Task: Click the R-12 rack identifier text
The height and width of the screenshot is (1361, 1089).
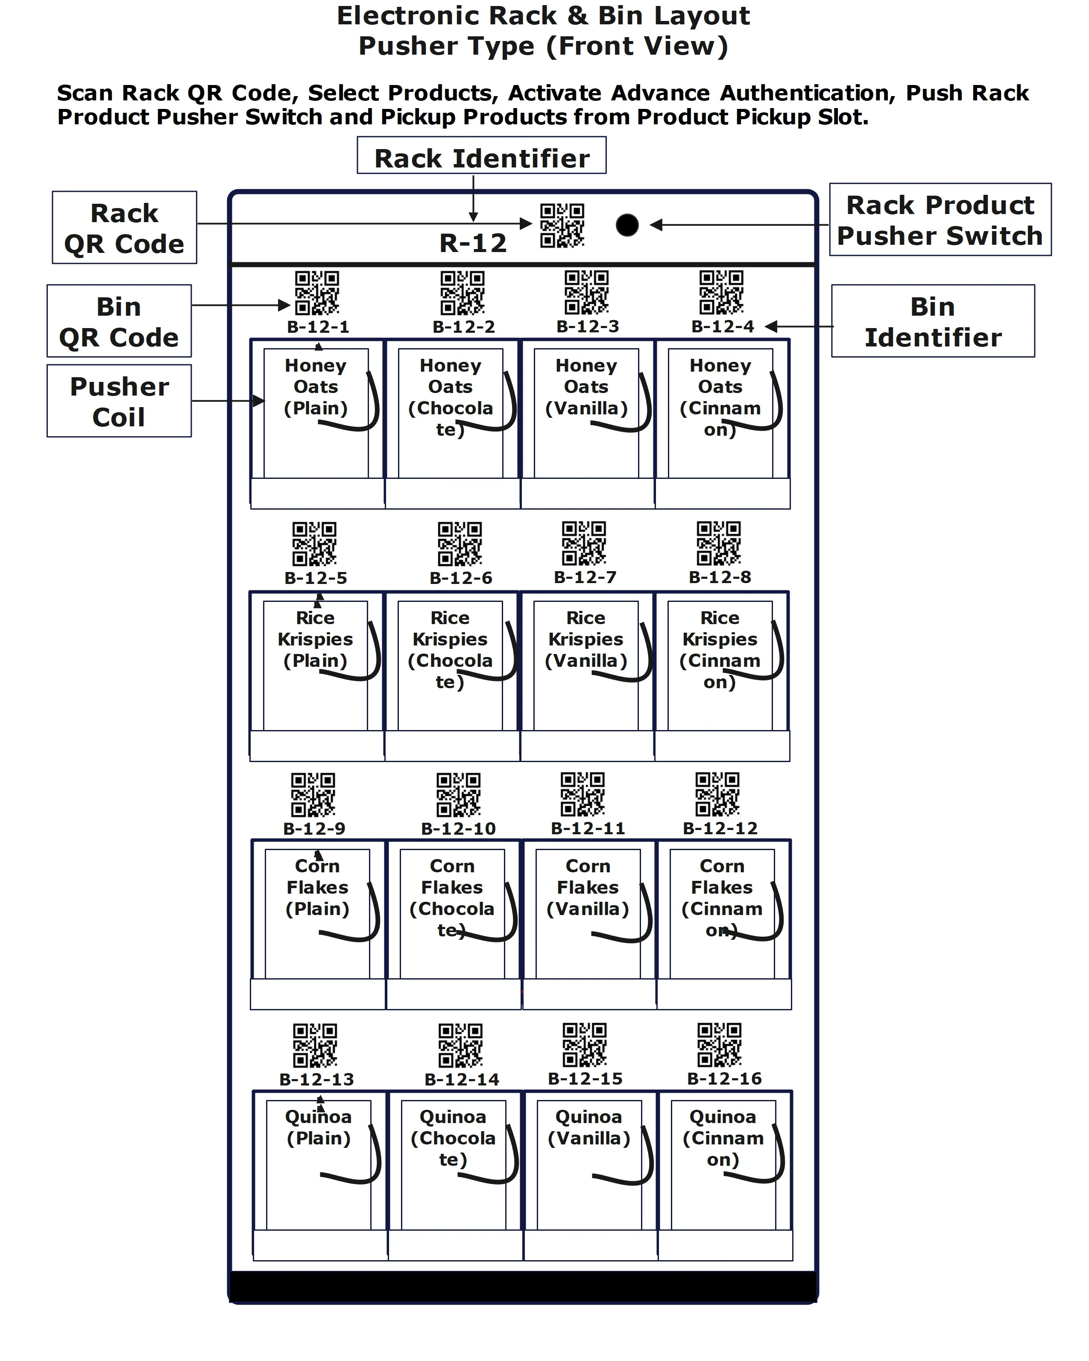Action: click(473, 243)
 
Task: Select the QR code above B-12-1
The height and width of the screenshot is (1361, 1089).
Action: click(317, 293)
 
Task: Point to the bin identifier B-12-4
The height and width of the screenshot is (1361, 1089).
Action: click(723, 326)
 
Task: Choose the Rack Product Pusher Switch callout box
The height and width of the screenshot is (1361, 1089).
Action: click(940, 220)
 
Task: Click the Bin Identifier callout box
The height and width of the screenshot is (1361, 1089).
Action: click(933, 321)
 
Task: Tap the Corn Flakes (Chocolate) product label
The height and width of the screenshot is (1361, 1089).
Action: click(452, 897)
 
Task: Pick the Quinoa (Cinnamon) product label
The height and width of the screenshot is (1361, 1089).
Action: click(723, 1138)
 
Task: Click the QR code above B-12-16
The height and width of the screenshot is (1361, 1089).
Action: click(719, 1045)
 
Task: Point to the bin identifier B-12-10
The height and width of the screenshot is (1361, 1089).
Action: click(458, 828)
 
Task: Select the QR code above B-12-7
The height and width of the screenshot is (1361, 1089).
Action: click(584, 543)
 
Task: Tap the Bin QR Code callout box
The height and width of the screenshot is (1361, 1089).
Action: click(119, 321)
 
